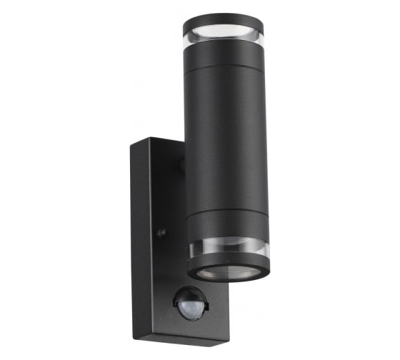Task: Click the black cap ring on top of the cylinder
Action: [x=222, y=21]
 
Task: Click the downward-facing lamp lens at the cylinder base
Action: [x=228, y=274]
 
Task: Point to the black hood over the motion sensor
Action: [x=191, y=291]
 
